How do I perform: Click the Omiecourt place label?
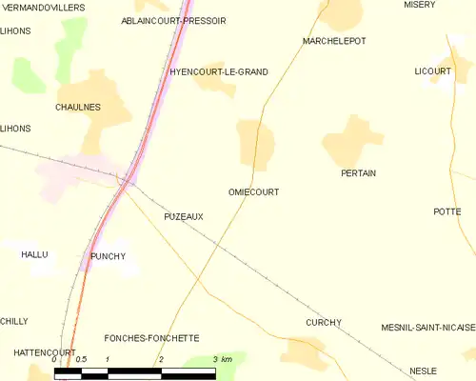pos(253,191)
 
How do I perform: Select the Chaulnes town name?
pos(78,108)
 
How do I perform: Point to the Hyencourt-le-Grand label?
pos(218,71)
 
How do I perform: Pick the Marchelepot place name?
pos(333,41)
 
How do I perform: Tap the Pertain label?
pos(358,173)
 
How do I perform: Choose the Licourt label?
pos(432,71)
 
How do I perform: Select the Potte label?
pos(446,211)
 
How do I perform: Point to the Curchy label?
pos(324,322)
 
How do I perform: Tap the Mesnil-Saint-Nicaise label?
pos(427,327)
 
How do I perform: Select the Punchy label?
pos(108,256)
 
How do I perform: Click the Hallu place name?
pos(34,254)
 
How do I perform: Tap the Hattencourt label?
pos(30,352)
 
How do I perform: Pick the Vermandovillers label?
pos(43,7)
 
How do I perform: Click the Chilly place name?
pos(14,321)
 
